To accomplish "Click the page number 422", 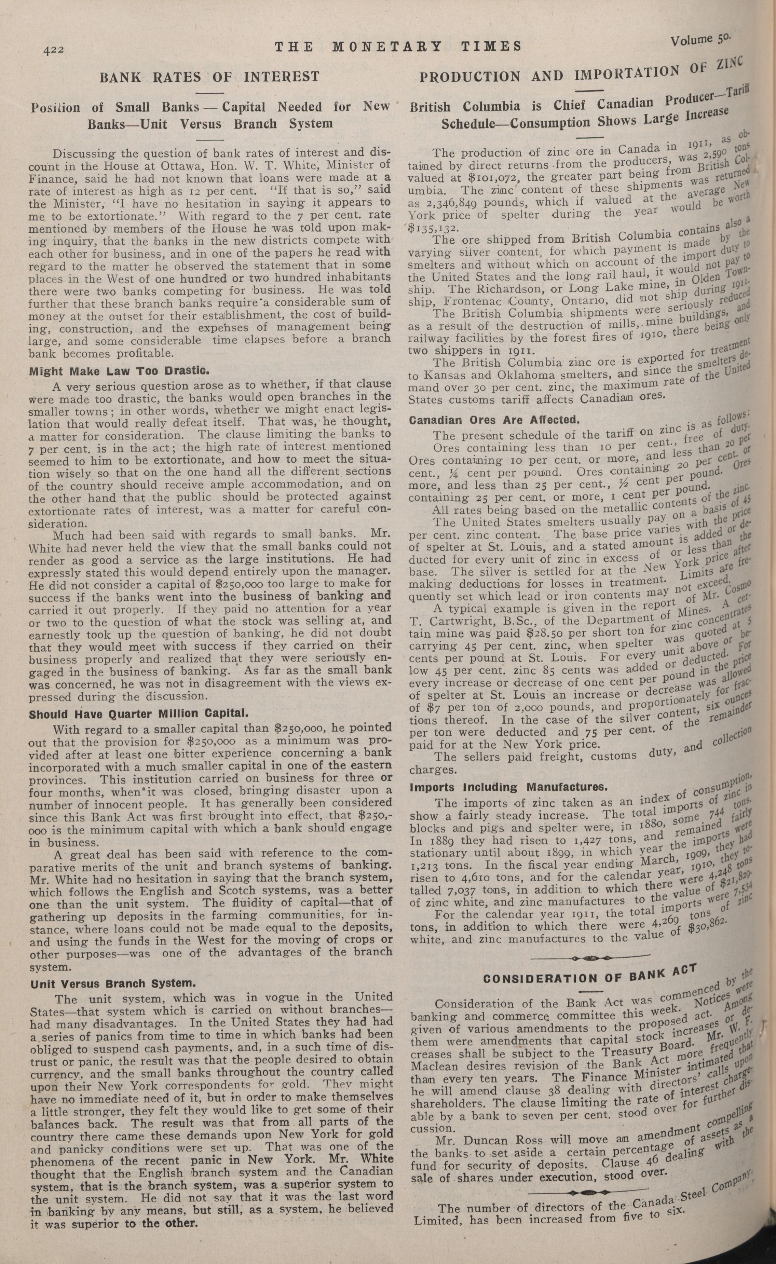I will click(53, 50).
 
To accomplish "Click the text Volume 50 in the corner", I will click(702, 41).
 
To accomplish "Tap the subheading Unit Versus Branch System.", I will click(113, 984).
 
